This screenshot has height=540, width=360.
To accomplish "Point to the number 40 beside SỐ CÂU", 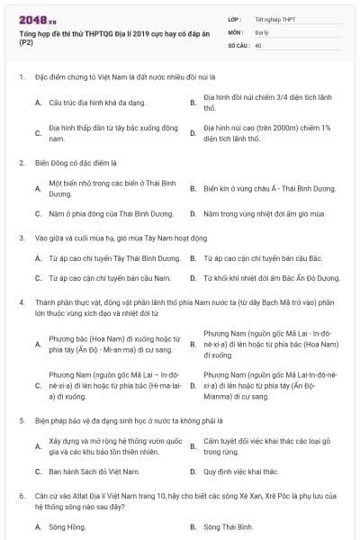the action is tap(259, 44).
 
